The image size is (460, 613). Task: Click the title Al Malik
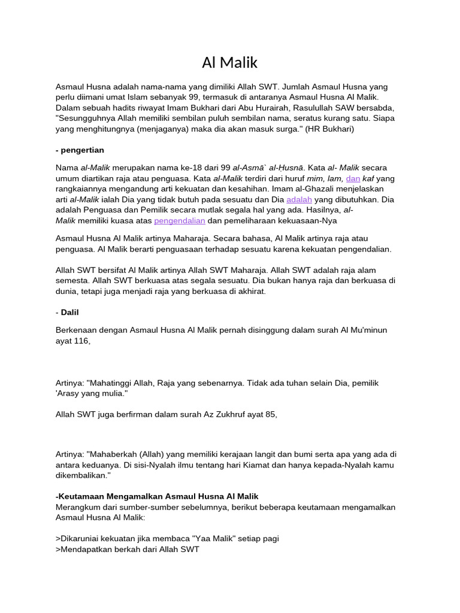coord(229,62)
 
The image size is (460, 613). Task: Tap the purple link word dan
coord(353,178)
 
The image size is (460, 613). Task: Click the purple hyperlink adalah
coord(299,199)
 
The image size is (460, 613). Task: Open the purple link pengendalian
coord(180,220)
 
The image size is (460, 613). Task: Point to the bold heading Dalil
coord(69,312)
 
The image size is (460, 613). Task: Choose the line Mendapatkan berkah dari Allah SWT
coord(127,549)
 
